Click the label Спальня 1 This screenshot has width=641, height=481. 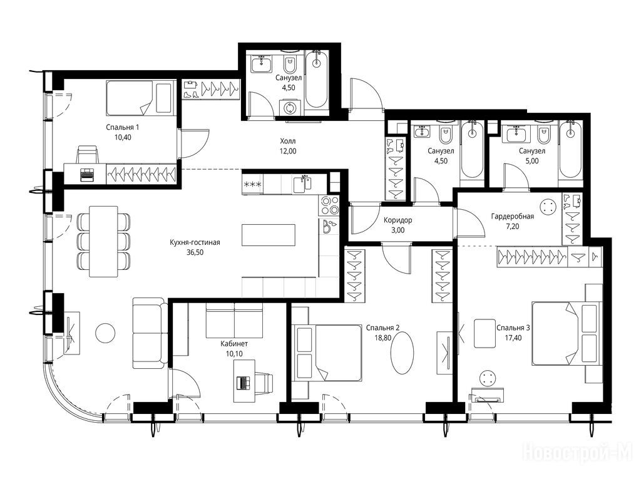click(122, 127)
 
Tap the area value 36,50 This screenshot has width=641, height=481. click(195, 252)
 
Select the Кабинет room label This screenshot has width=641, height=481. click(234, 344)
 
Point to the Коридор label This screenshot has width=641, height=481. click(397, 220)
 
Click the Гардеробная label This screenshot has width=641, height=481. click(512, 216)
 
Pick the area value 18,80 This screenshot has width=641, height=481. click(382, 338)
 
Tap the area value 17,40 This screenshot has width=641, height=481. click(513, 338)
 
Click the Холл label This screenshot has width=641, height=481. click(288, 141)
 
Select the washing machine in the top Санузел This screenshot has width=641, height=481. click(290, 108)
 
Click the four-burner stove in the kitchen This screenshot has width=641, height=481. click(329, 205)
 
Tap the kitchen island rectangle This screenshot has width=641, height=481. click(269, 235)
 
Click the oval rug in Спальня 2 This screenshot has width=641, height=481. click(402, 352)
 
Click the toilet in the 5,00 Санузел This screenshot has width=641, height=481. click(543, 135)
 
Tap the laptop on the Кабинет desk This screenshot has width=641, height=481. click(244, 383)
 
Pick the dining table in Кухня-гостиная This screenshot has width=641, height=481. click(103, 241)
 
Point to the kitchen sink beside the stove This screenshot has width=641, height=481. click(302, 185)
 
